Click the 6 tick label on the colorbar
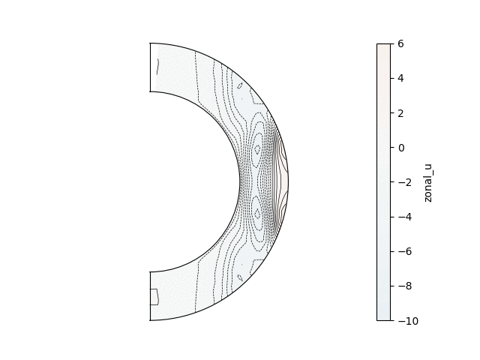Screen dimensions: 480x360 [400, 43]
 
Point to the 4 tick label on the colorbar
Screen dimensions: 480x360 [400, 78]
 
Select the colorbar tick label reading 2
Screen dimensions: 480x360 [400, 113]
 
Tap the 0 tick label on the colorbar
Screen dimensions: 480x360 [400, 148]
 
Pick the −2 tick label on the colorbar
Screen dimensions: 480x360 [405, 182]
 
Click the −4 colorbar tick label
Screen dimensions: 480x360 [405, 217]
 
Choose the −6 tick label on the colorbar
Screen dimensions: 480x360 [405, 252]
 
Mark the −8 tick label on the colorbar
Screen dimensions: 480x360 [405, 286]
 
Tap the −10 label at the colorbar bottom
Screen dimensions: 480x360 [408, 321]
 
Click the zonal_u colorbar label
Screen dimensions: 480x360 [428, 183]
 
